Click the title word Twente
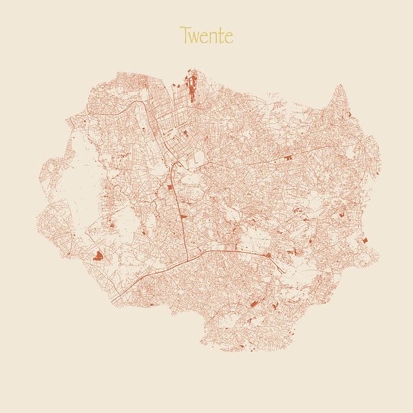(x=206, y=35)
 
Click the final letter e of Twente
(x=229, y=36)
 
